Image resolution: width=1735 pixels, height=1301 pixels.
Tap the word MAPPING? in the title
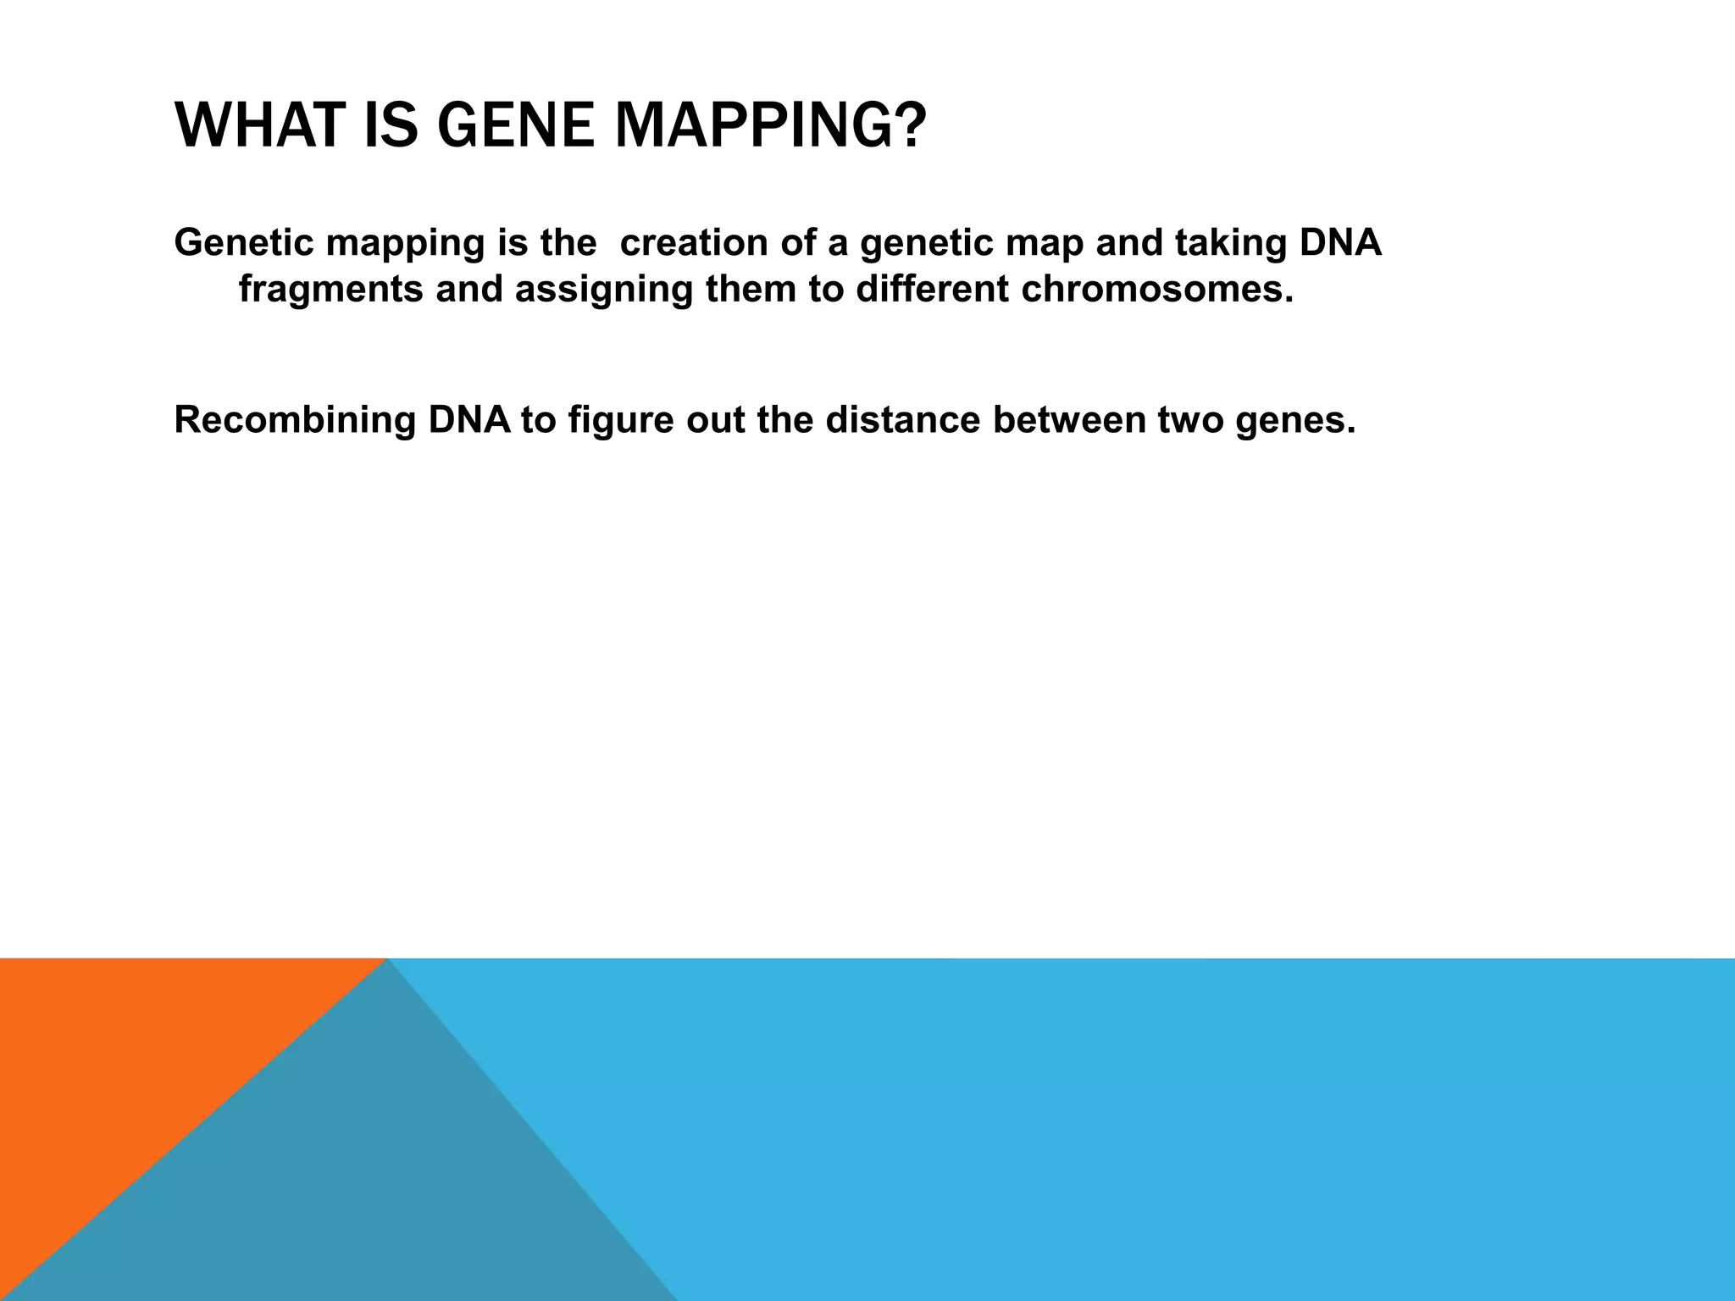[770, 125]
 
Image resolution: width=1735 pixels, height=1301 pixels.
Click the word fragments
[330, 290]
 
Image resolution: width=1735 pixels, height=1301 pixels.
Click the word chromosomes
[1157, 290]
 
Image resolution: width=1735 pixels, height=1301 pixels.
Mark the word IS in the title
[391, 125]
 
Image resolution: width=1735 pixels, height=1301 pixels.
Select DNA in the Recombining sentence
[469, 420]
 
